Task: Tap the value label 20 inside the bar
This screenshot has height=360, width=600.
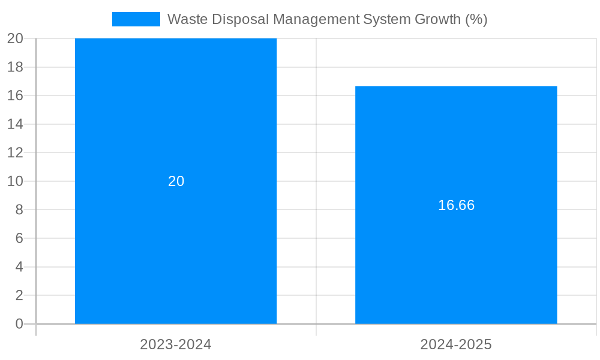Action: (x=176, y=181)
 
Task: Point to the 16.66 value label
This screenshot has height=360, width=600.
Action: (x=456, y=205)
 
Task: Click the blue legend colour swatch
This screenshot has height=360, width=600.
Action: (x=136, y=19)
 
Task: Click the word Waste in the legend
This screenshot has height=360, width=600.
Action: (x=185, y=19)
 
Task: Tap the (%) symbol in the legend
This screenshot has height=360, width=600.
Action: (x=476, y=19)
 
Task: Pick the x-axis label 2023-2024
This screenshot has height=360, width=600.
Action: (x=176, y=345)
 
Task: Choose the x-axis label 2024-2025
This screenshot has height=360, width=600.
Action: (x=456, y=345)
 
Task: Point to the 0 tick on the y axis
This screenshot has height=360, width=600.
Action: (x=19, y=324)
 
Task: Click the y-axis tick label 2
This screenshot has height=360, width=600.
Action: (x=19, y=295)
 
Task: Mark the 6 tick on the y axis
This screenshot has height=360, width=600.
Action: (x=19, y=238)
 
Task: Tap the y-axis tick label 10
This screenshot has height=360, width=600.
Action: (x=15, y=181)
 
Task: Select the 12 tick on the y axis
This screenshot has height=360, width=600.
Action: (x=15, y=152)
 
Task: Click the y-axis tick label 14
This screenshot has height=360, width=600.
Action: (x=15, y=124)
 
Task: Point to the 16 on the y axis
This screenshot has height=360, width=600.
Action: (x=15, y=95)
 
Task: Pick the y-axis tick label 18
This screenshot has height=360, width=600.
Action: (x=15, y=67)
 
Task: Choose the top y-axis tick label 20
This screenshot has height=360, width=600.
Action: (x=15, y=38)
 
